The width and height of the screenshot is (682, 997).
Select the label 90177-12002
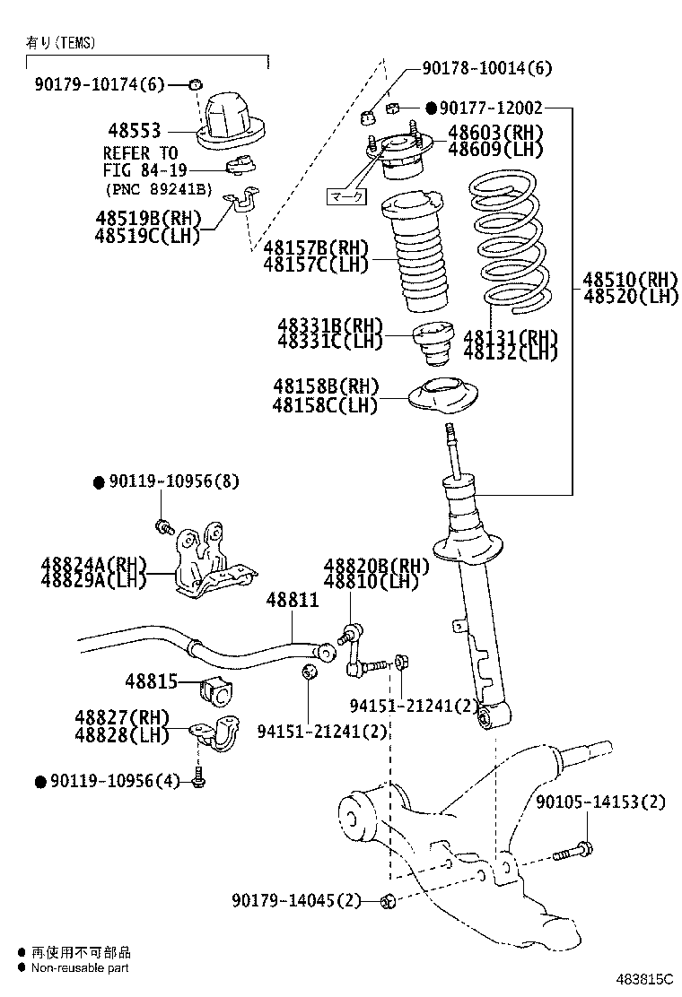click(x=491, y=108)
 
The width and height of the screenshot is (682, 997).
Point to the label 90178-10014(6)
click(x=488, y=68)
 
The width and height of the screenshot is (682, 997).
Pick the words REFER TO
click(x=140, y=153)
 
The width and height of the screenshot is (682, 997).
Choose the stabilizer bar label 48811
click(x=292, y=601)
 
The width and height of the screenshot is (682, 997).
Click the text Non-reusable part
click(x=80, y=967)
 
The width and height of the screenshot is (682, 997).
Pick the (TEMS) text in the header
click(x=74, y=42)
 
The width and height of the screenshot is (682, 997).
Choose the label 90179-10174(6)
click(x=101, y=85)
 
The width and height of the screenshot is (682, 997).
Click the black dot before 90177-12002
click(x=431, y=108)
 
